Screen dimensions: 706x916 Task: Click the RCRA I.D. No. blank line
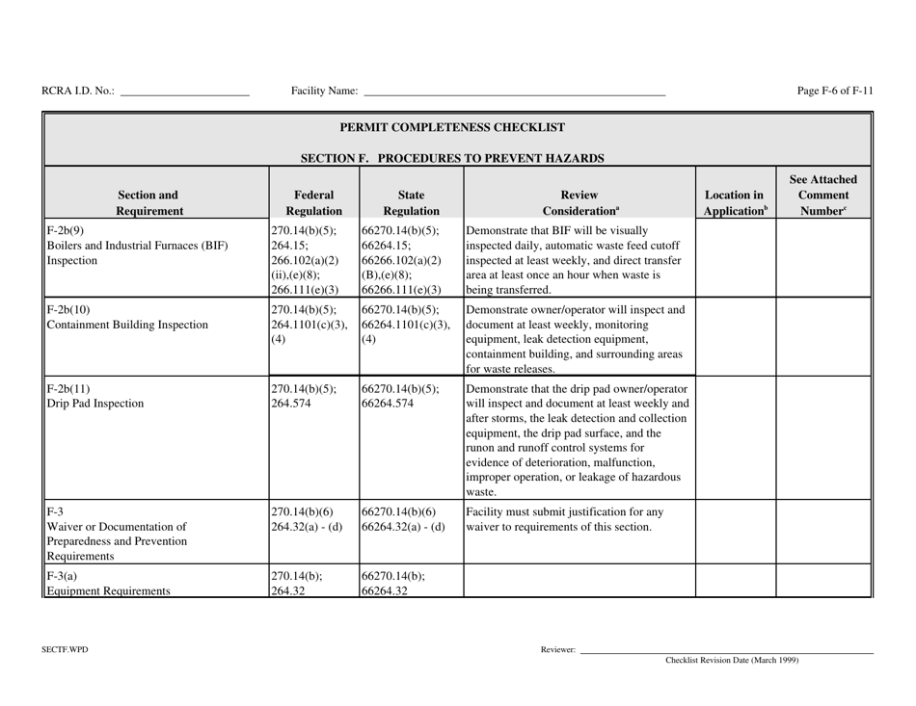pos(184,94)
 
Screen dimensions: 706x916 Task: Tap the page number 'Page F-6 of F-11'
pos(835,92)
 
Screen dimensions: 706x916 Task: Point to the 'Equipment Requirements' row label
pos(106,591)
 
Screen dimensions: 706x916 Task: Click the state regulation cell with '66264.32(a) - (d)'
pos(403,527)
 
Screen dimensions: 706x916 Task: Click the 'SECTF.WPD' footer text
pos(65,650)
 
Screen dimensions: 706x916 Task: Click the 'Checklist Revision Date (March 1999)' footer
pos(732,661)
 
